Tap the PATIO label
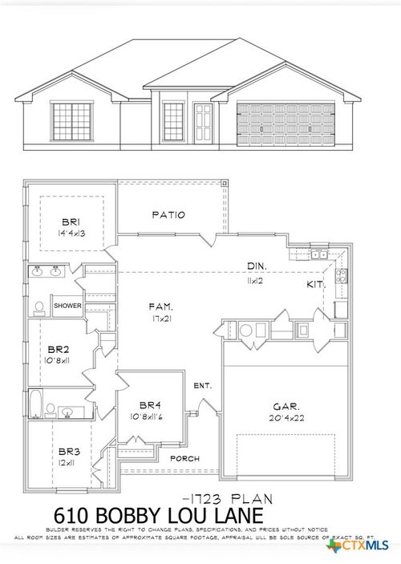pos(168,215)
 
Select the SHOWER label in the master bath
pos(68,306)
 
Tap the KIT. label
pos(315,285)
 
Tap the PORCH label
pos(184,458)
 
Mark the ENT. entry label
pos(202,386)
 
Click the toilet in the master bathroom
pos(38,306)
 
